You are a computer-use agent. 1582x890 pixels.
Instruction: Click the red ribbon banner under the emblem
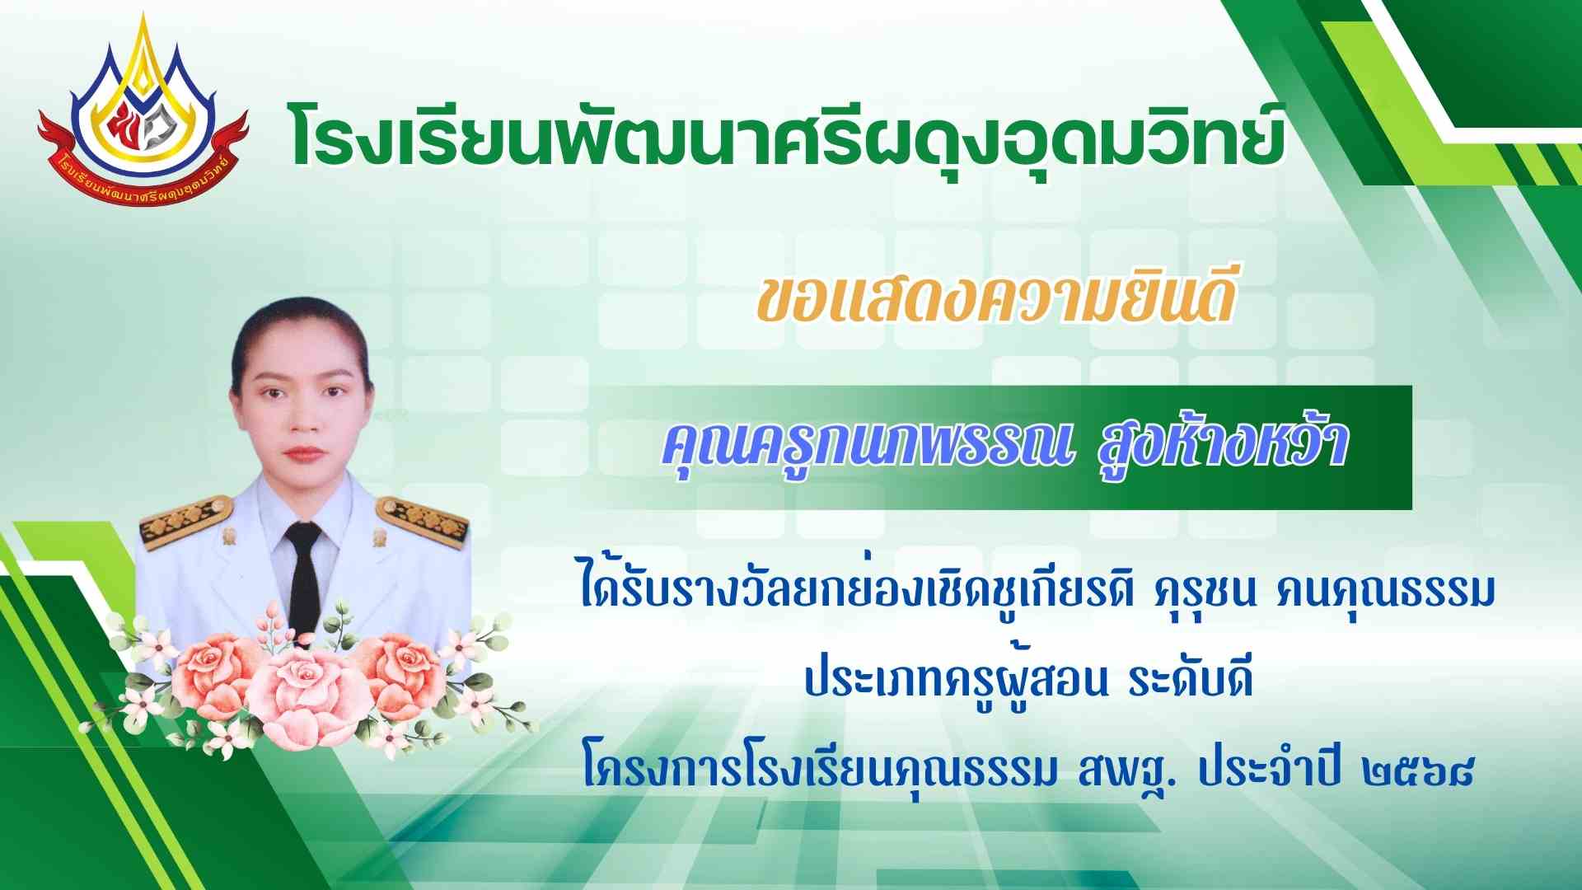coord(142,165)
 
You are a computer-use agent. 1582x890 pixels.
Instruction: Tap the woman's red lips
coord(302,453)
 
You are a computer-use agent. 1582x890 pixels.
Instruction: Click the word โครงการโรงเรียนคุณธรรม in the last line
coord(819,770)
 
